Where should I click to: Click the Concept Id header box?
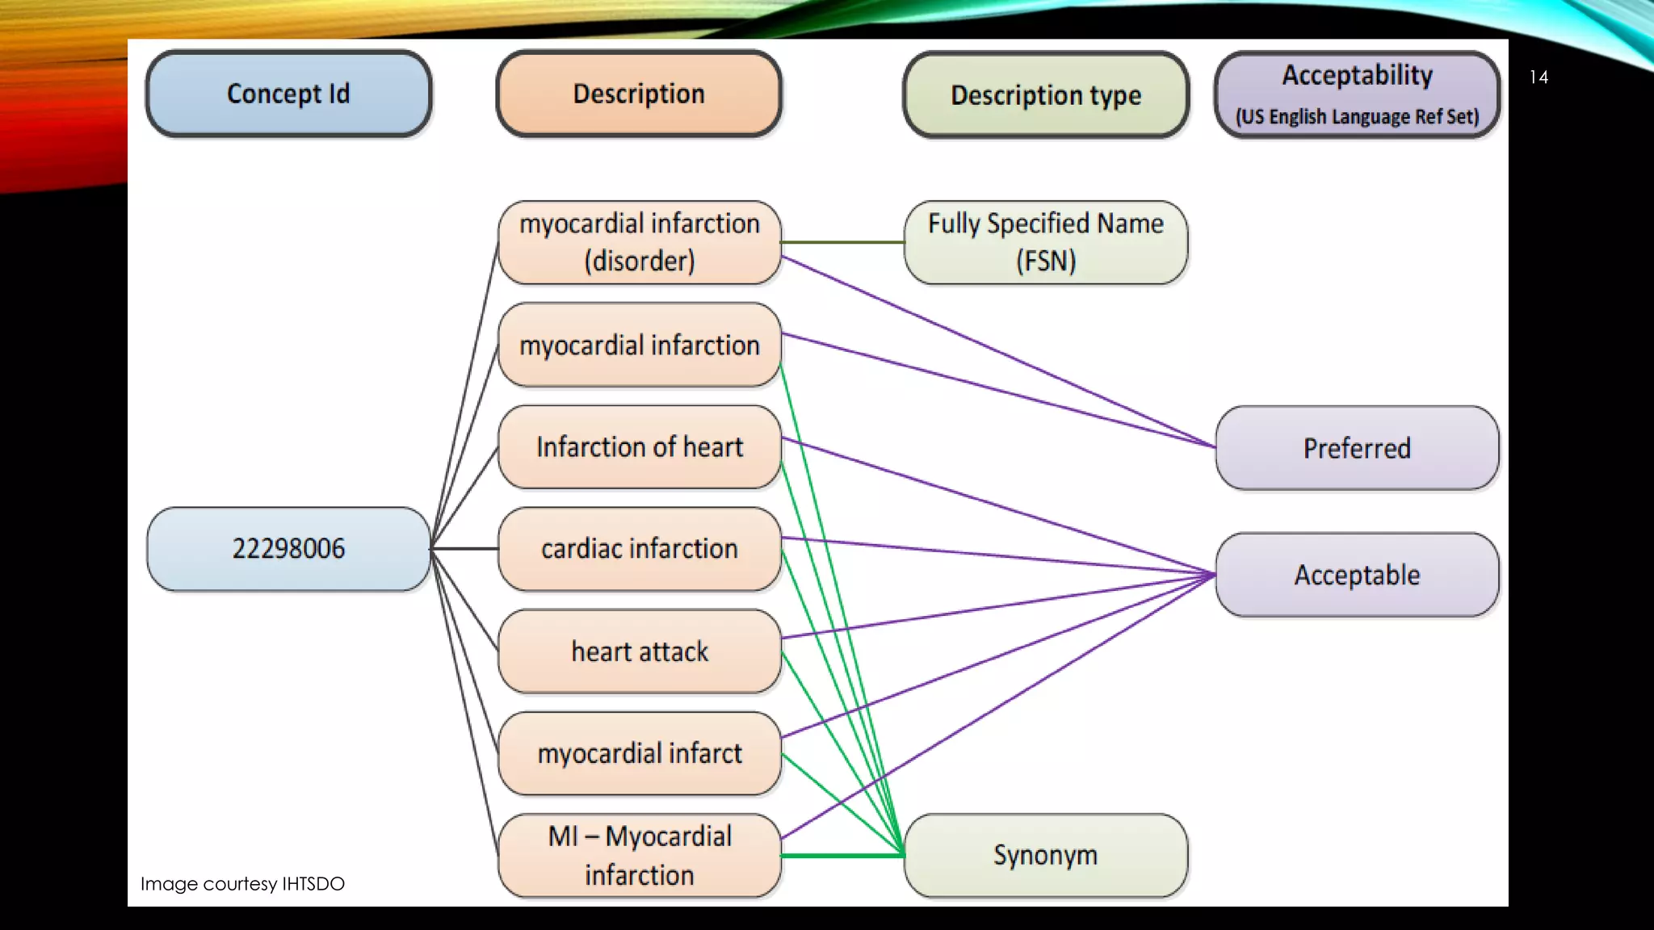click(288, 94)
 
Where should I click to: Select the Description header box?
click(639, 94)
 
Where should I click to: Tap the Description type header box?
click(1046, 95)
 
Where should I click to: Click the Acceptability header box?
click(1357, 76)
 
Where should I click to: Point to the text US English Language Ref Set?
click(1357, 117)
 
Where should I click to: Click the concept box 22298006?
click(288, 549)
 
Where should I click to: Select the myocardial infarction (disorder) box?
click(639, 242)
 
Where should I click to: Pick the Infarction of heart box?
click(639, 447)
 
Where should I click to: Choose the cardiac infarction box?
click(639, 549)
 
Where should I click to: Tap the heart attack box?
click(639, 651)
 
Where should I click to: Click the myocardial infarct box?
click(639, 753)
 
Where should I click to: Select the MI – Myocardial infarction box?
click(639, 856)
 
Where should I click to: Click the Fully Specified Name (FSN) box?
click(1046, 242)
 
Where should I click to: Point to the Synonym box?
click(1046, 855)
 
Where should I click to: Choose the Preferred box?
click(1357, 448)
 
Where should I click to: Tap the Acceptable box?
click(1357, 575)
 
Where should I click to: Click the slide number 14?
click(1539, 77)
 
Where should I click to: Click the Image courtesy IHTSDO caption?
click(242, 884)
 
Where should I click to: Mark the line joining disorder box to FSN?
click(842, 242)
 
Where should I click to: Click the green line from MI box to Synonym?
click(842, 855)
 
